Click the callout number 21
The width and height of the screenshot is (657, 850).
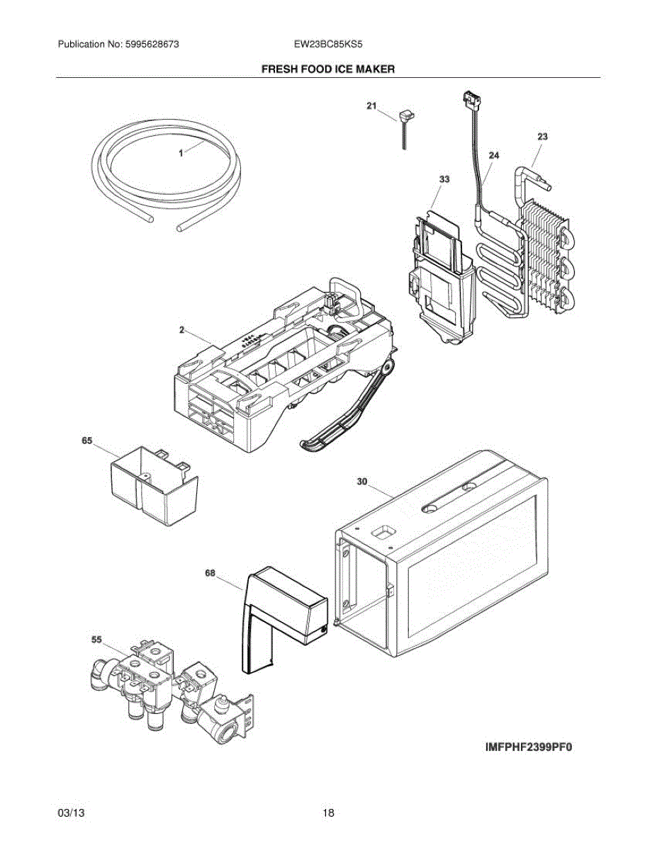pos(371,106)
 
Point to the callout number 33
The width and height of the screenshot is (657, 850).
pos(444,179)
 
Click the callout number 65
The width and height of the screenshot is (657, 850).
pos(87,441)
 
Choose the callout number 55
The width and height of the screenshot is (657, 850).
pos(97,639)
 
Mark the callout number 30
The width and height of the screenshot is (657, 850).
pos(361,481)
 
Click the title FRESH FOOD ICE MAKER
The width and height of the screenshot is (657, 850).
pos(328,69)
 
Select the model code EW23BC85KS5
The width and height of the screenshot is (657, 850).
pos(328,44)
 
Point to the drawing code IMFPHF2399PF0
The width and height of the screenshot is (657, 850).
pos(528,747)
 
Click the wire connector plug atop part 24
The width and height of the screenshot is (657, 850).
pos(468,99)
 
